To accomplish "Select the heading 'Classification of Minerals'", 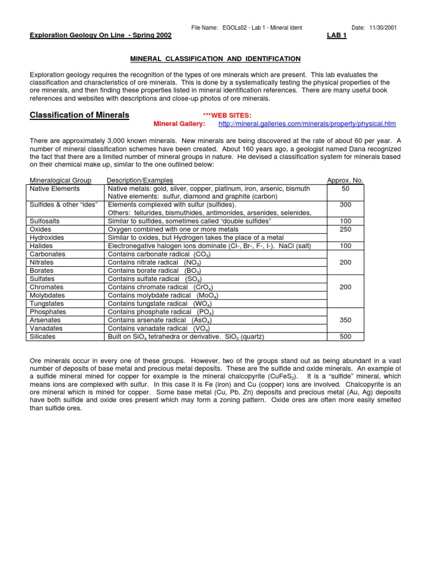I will coord(79,115).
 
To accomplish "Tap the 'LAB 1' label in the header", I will coord(336,36).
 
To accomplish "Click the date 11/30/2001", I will coord(383,27).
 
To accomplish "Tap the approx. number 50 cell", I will coord(345,188).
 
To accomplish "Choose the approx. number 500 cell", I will coord(345,337).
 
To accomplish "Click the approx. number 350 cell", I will coord(345,320).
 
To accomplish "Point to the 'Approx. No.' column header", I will coord(345,180).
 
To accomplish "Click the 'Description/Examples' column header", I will coord(140,180).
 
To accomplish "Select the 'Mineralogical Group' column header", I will coord(60,180).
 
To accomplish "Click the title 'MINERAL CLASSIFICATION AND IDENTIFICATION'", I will coord(214,59).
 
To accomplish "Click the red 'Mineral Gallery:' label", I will coord(179,124).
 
